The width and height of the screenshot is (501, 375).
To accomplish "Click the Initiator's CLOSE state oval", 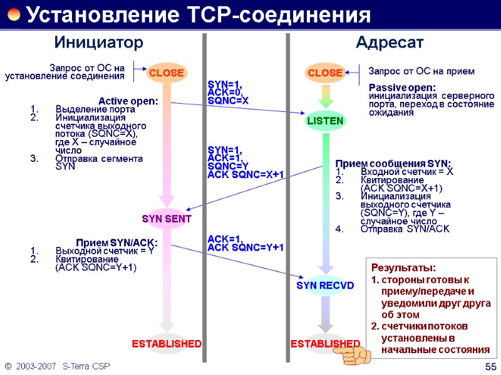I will pyautogui.click(x=166, y=73).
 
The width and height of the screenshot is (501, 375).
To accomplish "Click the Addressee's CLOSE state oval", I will pyautogui.click(x=325, y=73).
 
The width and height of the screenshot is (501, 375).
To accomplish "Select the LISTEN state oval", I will pyautogui.click(x=325, y=121).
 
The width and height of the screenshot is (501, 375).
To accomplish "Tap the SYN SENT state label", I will pyautogui.click(x=167, y=219).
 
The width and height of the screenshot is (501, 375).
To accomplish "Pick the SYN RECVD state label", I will pyautogui.click(x=325, y=286).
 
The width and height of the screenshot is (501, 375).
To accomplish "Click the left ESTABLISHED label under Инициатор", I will pyautogui.click(x=167, y=344).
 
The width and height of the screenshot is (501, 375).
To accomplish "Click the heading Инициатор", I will pyautogui.click(x=99, y=42).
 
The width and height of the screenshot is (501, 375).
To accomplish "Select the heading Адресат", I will pyautogui.click(x=390, y=42).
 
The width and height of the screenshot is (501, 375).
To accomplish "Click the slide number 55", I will pyautogui.click(x=490, y=366).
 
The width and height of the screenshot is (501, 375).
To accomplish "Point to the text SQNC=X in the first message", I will pyautogui.click(x=228, y=101).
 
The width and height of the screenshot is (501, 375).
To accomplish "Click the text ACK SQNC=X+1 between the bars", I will pyautogui.click(x=245, y=174).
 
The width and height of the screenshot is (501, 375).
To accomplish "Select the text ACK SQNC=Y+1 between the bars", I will pyautogui.click(x=245, y=247).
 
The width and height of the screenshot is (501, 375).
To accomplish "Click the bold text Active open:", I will pyautogui.click(x=128, y=101).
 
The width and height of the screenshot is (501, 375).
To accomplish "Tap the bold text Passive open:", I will pyautogui.click(x=402, y=87).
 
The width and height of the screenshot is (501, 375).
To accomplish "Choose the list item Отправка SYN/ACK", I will pyautogui.click(x=405, y=229).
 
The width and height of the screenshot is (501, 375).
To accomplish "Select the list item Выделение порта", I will pyautogui.click(x=86, y=109).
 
